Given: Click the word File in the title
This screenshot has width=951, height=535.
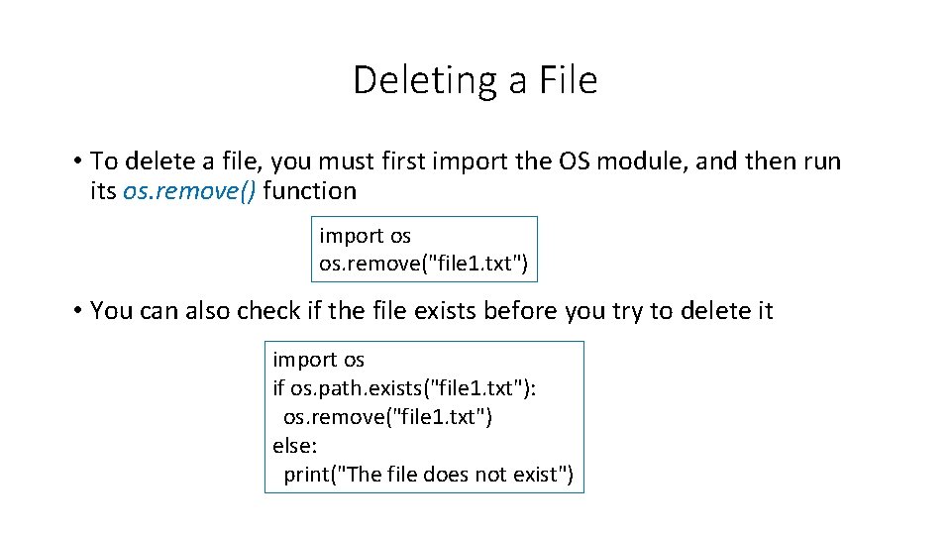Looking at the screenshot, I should click(569, 80).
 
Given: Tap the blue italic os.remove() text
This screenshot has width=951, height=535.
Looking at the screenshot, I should click(189, 190).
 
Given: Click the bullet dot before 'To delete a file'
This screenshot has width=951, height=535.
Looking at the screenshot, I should click(76, 161).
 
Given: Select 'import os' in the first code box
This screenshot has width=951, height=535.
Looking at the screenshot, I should click(365, 236).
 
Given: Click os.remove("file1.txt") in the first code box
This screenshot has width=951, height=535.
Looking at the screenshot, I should click(423, 265).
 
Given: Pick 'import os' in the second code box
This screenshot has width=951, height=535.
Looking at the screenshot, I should click(318, 360).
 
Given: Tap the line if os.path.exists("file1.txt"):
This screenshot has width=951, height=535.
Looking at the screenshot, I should click(404, 388).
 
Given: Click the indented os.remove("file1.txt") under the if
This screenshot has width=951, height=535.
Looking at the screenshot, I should click(387, 417).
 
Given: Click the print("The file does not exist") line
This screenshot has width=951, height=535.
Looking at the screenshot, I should click(428, 475).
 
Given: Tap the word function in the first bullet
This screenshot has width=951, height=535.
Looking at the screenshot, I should click(310, 190).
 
